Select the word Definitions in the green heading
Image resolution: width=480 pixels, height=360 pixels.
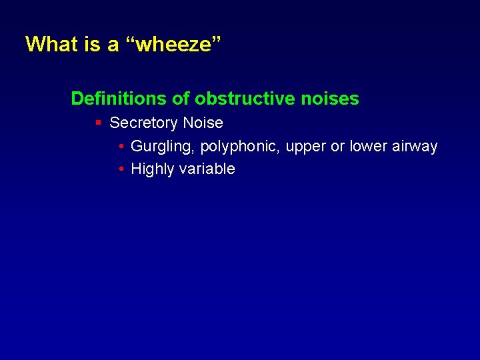(119, 99)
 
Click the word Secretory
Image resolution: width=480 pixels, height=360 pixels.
(143, 123)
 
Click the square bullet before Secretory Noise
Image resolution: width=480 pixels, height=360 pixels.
(98, 123)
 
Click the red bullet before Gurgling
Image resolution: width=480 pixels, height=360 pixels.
(121, 147)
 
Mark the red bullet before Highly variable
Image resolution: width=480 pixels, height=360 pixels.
(121, 169)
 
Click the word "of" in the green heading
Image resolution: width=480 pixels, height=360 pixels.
(181, 99)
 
